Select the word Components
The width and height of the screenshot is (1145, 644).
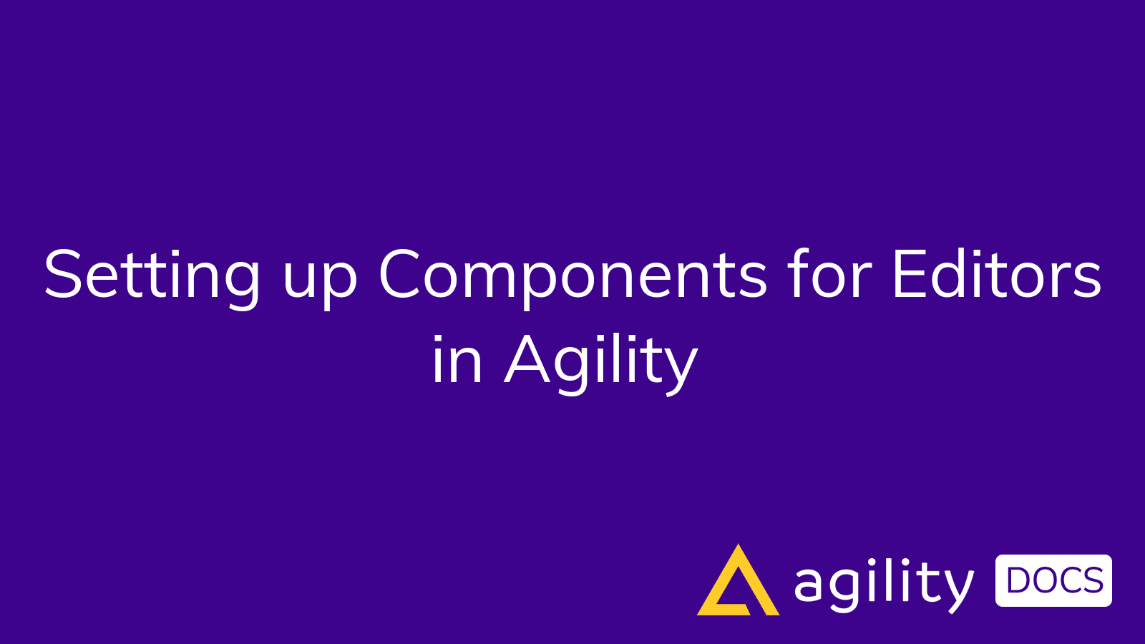tap(572, 276)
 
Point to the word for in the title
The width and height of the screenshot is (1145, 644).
tap(829, 275)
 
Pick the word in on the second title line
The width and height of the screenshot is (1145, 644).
tap(457, 361)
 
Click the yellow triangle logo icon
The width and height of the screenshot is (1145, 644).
tap(738, 583)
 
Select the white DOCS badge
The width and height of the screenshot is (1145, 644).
tap(1053, 580)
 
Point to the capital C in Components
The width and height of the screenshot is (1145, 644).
tap(404, 275)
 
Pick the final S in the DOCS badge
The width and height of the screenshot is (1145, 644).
tap(1091, 580)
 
